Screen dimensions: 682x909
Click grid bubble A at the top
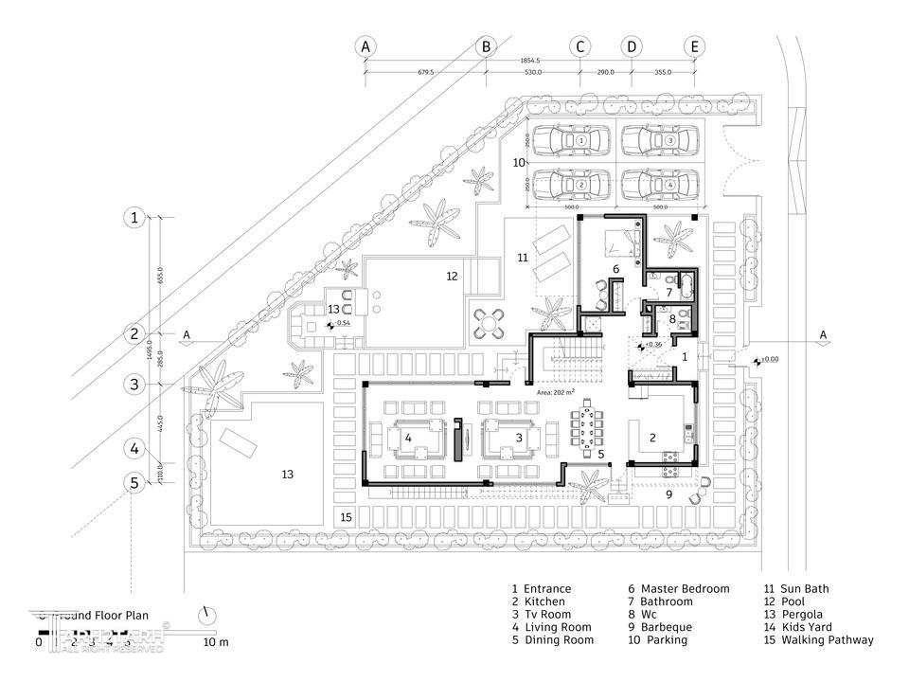pos(365,45)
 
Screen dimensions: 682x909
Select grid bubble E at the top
pos(695,45)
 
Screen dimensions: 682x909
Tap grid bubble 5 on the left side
pos(135,482)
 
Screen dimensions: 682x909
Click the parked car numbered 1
pos(579,141)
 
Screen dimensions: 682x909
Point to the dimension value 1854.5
pos(529,60)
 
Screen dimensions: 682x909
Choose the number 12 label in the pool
pos(452,277)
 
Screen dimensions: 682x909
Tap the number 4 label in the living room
pos(408,439)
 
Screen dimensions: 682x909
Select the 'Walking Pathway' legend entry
pos(819,640)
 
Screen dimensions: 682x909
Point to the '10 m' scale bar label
pos(218,643)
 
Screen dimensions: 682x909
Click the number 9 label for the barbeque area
pos(668,494)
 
